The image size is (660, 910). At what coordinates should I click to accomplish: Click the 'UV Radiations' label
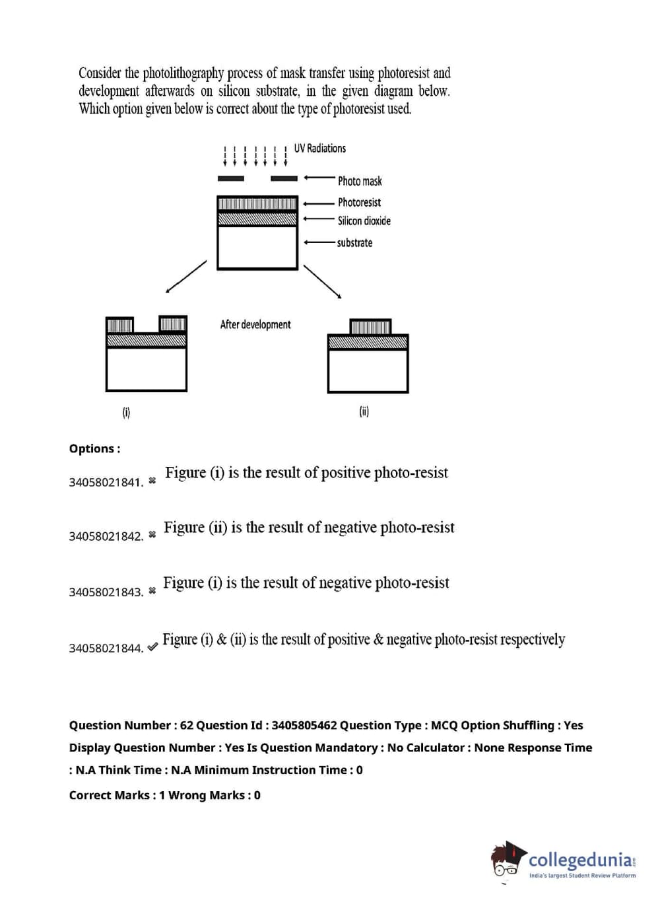(x=319, y=149)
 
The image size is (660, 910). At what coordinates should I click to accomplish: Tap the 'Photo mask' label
(x=360, y=181)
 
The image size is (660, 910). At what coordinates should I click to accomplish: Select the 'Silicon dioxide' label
(x=364, y=221)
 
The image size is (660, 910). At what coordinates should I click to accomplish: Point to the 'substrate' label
(x=354, y=243)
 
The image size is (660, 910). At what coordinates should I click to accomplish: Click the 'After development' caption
(x=255, y=325)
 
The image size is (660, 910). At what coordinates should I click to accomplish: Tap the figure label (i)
(x=126, y=413)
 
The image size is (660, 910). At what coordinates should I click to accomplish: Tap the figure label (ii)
(x=364, y=412)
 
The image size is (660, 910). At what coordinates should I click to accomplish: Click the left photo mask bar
(x=230, y=178)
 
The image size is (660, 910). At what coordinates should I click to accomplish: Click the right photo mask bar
(x=284, y=178)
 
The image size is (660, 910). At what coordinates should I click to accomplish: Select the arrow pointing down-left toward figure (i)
(x=185, y=277)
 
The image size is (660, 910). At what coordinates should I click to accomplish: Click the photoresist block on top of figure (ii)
(x=370, y=327)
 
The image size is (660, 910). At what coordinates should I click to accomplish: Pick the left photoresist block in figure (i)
(x=119, y=325)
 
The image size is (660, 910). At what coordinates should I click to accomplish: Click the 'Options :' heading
(x=94, y=449)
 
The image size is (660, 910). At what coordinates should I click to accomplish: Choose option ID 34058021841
(x=106, y=483)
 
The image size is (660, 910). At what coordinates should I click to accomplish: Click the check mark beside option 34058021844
(x=152, y=647)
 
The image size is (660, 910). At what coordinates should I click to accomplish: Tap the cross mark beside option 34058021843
(x=152, y=590)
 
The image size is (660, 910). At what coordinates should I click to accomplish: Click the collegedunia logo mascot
(x=507, y=860)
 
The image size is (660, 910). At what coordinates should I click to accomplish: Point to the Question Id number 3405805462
(x=304, y=726)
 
